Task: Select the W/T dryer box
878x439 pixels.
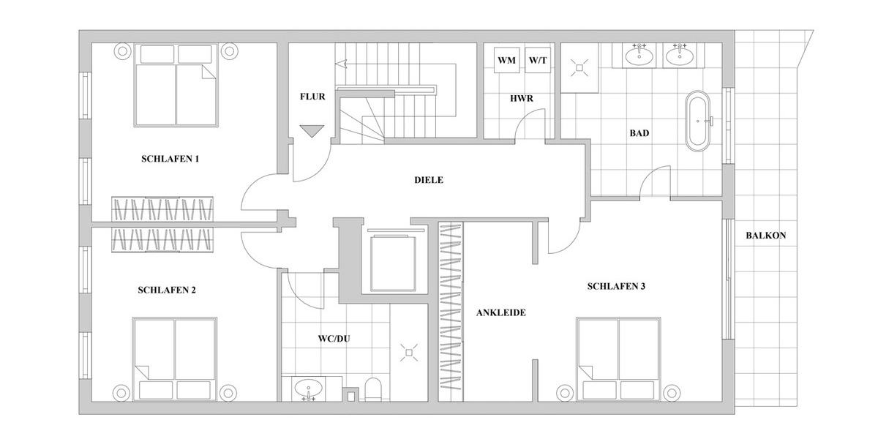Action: (x=537, y=61)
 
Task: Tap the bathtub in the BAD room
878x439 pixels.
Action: (x=697, y=121)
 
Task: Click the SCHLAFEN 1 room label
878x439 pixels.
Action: (x=170, y=158)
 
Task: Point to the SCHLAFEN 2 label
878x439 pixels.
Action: (x=167, y=290)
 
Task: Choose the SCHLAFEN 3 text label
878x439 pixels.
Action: (x=615, y=286)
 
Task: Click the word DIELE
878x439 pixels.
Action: (x=429, y=180)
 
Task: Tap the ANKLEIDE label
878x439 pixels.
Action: (x=501, y=312)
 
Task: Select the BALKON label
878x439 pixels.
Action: (x=765, y=236)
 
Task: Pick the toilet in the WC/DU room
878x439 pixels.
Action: (x=372, y=389)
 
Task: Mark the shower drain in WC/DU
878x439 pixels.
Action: (x=408, y=353)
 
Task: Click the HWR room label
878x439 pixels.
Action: (x=522, y=97)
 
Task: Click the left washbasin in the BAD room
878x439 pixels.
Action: (x=640, y=56)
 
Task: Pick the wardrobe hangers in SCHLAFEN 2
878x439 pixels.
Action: (x=162, y=240)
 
